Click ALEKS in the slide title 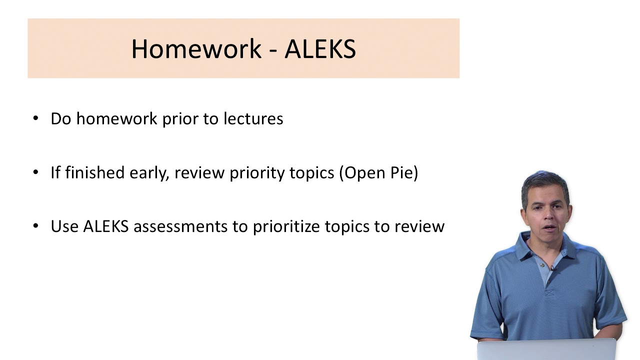(x=320, y=49)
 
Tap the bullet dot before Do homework (x=35, y=118)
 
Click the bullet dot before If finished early (x=35, y=172)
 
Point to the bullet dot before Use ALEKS (x=35, y=226)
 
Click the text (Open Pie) (x=378, y=173)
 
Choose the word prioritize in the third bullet (x=286, y=226)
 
